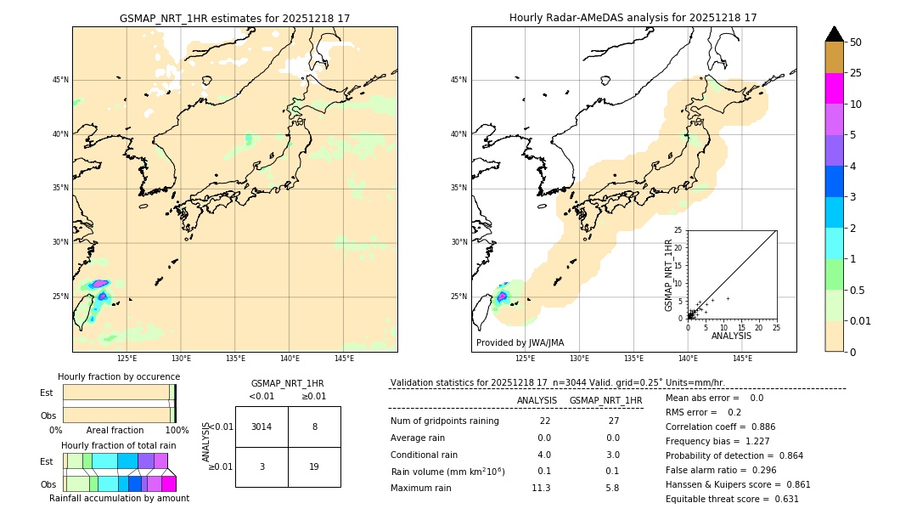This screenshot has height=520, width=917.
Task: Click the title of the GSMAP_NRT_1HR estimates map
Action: point(234,18)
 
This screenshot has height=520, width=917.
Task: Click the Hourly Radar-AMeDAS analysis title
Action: point(633,18)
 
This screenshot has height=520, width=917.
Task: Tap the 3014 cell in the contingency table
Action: point(262,427)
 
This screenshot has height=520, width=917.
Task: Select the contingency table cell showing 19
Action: point(314,466)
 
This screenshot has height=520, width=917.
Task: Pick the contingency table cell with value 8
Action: point(314,427)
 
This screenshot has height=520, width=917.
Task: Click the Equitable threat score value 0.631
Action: point(780,500)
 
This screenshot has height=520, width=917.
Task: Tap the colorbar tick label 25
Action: point(856,73)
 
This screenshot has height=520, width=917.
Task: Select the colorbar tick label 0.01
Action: point(859,320)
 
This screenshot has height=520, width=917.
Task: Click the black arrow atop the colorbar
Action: point(834,34)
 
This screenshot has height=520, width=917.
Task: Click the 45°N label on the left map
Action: point(60,80)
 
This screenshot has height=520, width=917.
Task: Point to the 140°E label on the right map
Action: point(688,359)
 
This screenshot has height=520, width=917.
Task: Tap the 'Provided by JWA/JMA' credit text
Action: point(520,343)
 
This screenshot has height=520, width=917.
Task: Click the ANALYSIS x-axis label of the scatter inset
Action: point(731,336)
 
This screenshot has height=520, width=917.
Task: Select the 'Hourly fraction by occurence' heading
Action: point(119,376)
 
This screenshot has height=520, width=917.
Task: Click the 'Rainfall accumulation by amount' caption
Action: point(119,499)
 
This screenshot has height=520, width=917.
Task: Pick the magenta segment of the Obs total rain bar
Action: point(168,483)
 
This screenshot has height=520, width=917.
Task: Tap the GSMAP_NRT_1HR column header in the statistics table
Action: point(605,400)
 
